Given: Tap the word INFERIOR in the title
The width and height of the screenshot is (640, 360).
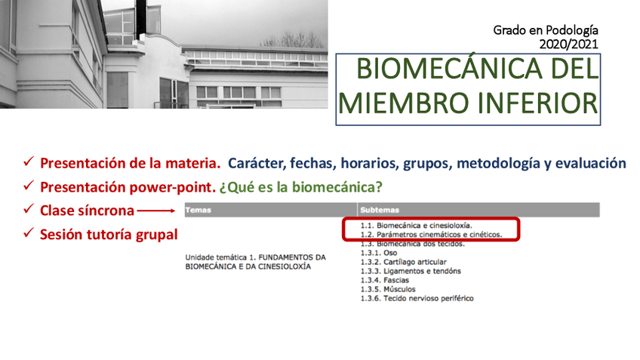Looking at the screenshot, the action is [537, 103].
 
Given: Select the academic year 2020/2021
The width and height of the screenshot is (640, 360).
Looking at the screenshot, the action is [568, 44].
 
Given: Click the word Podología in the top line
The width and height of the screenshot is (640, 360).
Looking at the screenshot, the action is [572, 31].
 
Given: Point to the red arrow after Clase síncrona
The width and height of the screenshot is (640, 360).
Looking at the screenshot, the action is [156, 211].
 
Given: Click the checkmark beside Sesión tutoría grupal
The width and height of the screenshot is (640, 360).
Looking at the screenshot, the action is [29, 232].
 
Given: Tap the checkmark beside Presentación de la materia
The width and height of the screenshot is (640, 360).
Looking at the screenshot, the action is [29, 162].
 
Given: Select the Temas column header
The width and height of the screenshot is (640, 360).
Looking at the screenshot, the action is [198, 211].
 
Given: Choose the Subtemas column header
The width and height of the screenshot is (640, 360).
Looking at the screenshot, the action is [380, 211].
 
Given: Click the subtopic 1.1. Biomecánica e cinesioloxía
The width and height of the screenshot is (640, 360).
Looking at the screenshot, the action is [416, 226].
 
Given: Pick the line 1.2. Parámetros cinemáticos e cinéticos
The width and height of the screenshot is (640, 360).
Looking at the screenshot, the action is [431, 235].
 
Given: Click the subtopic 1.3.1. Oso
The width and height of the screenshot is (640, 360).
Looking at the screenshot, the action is [378, 253].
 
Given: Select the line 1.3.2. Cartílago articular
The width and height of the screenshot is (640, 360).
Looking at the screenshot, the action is [403, 262].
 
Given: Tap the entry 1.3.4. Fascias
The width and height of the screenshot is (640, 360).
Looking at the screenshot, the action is [384, 281].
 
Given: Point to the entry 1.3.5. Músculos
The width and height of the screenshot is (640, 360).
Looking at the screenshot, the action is [388, 289].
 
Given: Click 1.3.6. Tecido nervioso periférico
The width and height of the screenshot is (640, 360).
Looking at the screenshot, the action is [417, 298].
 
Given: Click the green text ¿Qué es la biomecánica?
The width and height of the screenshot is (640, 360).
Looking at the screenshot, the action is [301, 187].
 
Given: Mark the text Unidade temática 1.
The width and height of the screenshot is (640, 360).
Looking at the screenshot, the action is [219, 257].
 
